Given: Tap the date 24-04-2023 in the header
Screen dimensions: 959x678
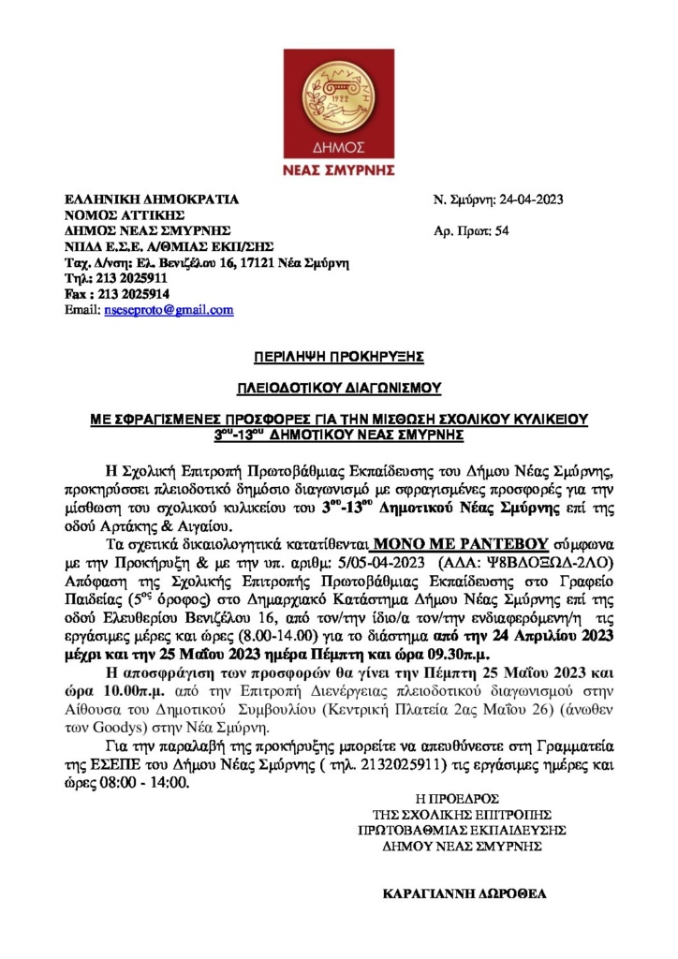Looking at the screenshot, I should point(530,199).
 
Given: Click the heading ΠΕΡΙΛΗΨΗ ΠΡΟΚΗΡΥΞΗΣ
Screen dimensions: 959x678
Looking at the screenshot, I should point(338,357).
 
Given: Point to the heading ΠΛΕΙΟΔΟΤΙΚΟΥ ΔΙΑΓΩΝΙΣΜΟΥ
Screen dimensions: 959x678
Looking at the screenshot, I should point(338,387).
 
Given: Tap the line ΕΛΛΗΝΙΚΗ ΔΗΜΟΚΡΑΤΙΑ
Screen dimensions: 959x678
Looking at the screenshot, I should point(151,199).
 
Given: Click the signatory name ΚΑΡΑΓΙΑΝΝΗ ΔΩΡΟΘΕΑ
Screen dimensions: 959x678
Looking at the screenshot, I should point(464,893).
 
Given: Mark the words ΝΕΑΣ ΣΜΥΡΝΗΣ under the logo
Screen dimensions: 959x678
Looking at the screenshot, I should point(338,170).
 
